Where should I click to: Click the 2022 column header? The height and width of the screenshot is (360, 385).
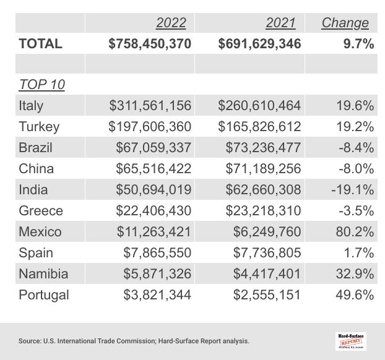tap(171, 23)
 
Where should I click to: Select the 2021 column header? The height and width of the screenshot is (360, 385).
tap(280, 23)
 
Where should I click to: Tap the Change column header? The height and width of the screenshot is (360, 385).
tap(345, 23)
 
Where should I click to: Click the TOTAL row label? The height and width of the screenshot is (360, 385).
tap(40, 43)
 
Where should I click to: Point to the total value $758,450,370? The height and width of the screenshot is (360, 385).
tap(149, 43)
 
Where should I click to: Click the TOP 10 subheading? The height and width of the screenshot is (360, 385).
tap(42, 84)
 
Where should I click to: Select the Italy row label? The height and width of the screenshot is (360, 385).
tap(31, 106)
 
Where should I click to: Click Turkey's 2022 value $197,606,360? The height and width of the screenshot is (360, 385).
tap(150, 127)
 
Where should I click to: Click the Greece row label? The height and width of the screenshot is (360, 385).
tap(41, 211)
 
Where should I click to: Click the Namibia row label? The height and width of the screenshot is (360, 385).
tap(43, 274)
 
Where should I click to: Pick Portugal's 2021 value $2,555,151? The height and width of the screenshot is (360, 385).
tap(267, 295)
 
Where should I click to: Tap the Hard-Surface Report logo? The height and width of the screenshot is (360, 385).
tap(350, 340)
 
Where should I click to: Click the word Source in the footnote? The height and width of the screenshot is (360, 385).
tap(30, 341)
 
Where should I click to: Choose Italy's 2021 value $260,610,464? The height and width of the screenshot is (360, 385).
tap(259, 106)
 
